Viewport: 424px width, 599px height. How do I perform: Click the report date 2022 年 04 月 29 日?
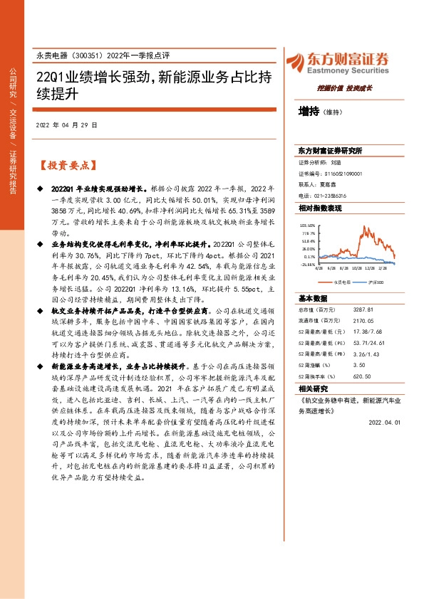[x=66, y=124]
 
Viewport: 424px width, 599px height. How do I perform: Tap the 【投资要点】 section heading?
[x=68, y=165]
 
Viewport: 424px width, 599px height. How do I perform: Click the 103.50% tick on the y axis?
[x=308, y=224]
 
